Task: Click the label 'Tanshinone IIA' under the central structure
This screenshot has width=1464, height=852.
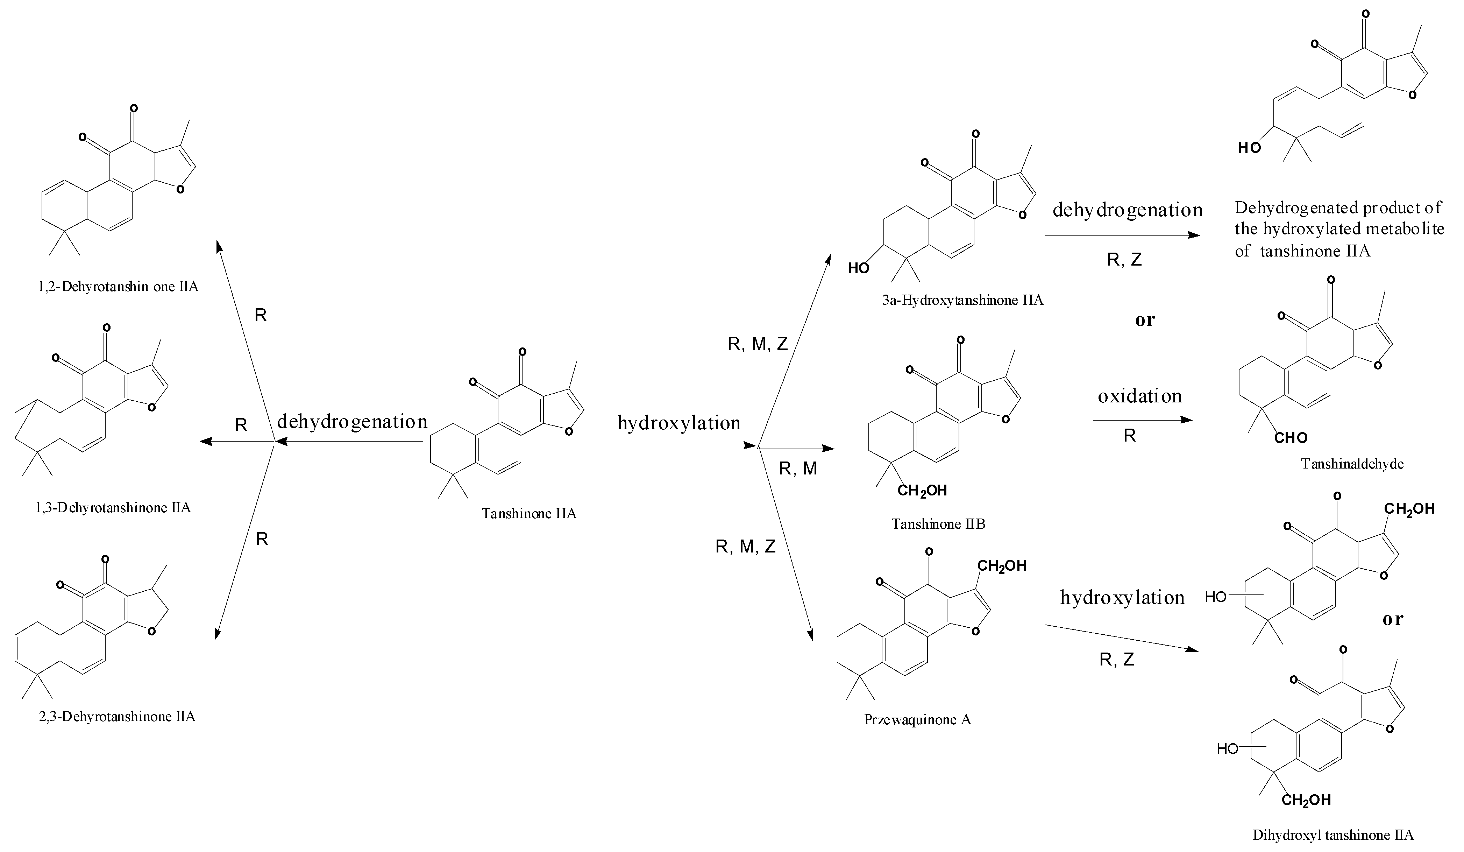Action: click(529, 514)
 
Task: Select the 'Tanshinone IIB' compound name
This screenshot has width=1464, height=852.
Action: click(938, 524)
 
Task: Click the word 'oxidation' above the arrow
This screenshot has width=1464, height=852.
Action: click(1139, 396)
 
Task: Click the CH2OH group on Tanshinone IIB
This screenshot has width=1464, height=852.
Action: click(922, 491)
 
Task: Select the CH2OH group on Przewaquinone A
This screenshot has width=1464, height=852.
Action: click(1002, 565)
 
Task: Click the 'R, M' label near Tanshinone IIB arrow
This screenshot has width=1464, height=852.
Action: click(798, 469)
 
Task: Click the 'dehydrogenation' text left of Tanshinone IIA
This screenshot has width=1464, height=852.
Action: click(352, 421)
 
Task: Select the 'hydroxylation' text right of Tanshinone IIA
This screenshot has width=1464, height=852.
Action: click(678, 423)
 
